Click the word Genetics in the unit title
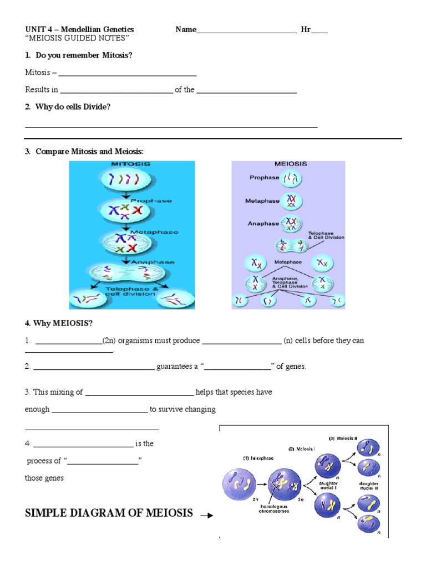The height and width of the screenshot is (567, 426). pos(114,29)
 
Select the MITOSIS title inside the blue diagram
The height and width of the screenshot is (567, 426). pos(131,164)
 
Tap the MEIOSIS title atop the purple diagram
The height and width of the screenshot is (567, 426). pos(291,164)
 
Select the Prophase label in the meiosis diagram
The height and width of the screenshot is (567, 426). pos(264,178)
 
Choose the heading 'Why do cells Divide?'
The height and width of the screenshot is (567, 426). pos(73,106)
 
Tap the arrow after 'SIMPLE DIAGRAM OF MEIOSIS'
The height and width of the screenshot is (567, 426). pos(206,515)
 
